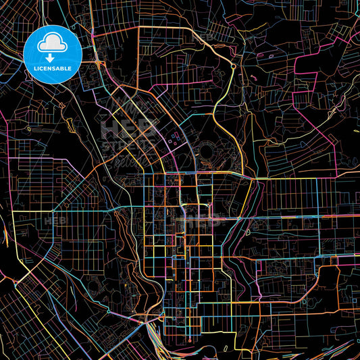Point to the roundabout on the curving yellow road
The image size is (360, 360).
233,66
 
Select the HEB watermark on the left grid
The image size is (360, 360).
52,220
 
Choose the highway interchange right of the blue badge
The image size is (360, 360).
100,63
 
